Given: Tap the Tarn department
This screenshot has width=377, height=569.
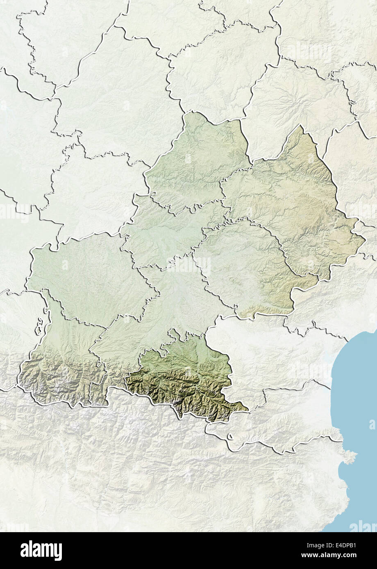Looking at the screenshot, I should click(242, 266).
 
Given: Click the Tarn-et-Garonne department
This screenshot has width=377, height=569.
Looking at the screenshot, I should click(164, 233).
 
